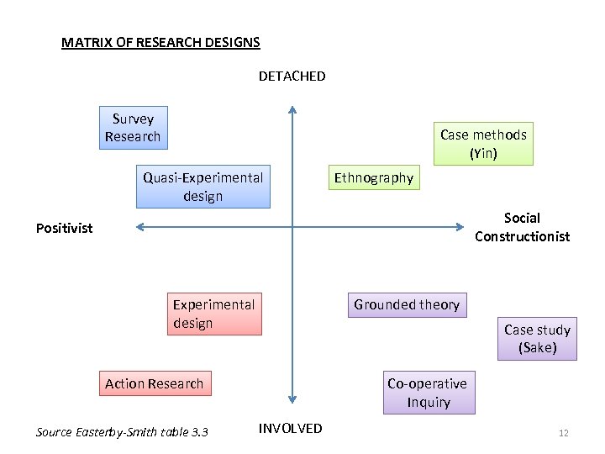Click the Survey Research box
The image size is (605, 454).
pyautogui.click(x=133, y=128)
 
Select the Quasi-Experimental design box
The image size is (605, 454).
pyautogui.click(x=203, y=187)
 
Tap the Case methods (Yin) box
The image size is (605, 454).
pyautogui.click(x=483, y=144)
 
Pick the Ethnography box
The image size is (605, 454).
pyautogui.click(x=374, y=177)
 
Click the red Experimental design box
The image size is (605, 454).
pyautogui.click(x=213, y=314)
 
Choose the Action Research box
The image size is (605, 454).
pyautogui.click(x=155, y=383)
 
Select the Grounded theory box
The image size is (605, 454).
pyautogui.click(x=407, y=304)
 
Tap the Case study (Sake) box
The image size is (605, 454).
pyautogui.click(x=537, y=338)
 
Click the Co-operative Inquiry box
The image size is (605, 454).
pyautogui.click(x=429, y=393)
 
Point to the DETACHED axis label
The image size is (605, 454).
pyautogui.click(x=292, y=77)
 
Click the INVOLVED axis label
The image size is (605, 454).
pyautogui.click(x=290, y=429)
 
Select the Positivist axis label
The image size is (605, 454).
pyautogui.click(x=65, y=228)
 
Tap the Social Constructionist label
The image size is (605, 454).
pyautogui.click(x=522, y=227)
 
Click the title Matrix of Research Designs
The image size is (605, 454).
pyautogui.click(x=160, y=42)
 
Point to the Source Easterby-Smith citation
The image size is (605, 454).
pyautogui.click(x=122, y=432)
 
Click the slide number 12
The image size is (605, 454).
pyautogui.click(x=564, y=433)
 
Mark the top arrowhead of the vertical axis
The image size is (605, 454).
pyautogui.click(x=292, y=109)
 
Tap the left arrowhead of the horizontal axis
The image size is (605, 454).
pyautogui.click(x=140, y=226)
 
